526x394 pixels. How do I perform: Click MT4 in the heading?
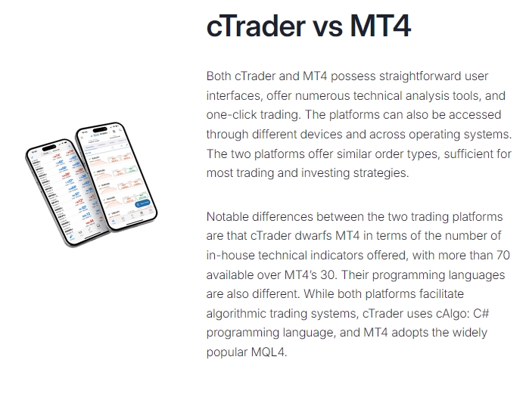pos(380,26)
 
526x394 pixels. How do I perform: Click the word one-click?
pos(236,116)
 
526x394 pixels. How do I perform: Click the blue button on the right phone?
pos(142,203)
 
